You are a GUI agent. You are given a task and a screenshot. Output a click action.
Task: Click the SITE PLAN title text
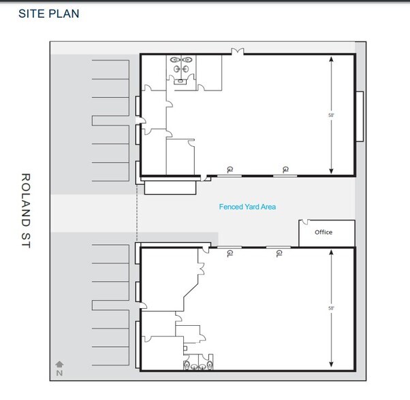(48, 14)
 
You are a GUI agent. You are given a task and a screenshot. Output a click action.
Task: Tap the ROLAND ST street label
(27, 211)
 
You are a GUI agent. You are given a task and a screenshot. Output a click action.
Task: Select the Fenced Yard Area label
(247, 207)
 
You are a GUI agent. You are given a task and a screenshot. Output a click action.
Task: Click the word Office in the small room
(324, 232)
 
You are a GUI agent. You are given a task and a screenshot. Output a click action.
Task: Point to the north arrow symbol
(59, 365)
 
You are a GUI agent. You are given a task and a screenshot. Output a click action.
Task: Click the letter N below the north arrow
(59, 373)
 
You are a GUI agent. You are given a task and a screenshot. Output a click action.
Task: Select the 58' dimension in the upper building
(331, 116)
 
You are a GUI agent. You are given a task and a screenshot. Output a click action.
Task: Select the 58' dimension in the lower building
(331, 308)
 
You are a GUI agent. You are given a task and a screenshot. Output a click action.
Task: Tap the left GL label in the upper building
(230, 169)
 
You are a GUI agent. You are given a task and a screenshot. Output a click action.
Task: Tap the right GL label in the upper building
(286, 169)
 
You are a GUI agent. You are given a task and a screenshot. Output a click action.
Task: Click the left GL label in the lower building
(227, 254)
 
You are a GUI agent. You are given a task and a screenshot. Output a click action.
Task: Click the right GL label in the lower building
(279, 254)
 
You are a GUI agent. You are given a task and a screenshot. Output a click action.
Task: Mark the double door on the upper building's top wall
(238, 51)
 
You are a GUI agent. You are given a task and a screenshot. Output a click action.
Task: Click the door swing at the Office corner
(304, 223)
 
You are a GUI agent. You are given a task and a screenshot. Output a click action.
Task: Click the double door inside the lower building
(201, 270)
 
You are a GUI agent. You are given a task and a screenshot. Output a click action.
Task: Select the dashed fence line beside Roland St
(138, 211)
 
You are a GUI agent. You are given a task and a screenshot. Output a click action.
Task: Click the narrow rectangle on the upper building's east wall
(359, 116)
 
